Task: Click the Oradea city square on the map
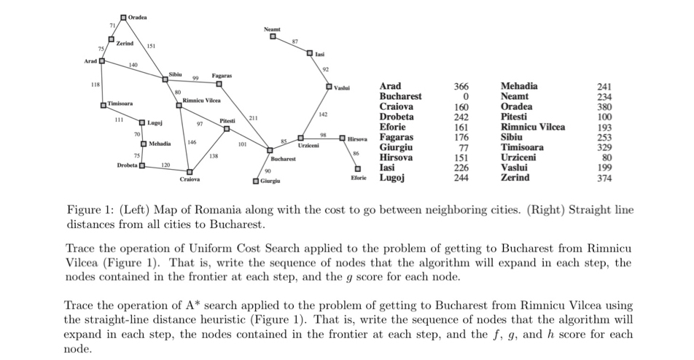[x=122, y=17]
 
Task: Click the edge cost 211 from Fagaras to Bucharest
[x=253, y=117]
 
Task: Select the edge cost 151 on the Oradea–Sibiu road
[x=151, y=47]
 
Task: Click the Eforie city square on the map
[x=358, y=170]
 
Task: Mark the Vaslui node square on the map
[x=330, y=87]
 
